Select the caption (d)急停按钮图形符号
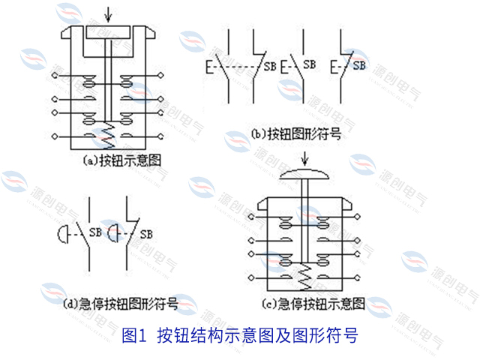coord(121,304)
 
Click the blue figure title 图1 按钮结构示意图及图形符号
coord(240,335)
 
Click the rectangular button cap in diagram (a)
coord(110,32)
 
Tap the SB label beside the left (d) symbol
coord(95,232)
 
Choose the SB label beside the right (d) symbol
coord(148,232)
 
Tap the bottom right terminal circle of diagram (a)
coord(164,135)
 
